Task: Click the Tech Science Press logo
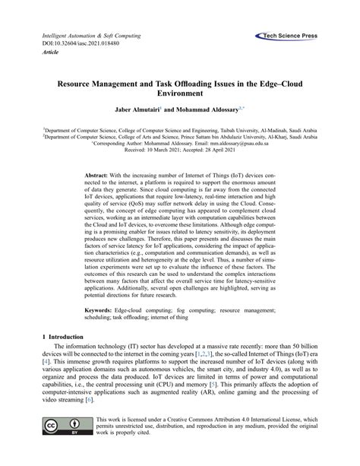click(x=292, y=35)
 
